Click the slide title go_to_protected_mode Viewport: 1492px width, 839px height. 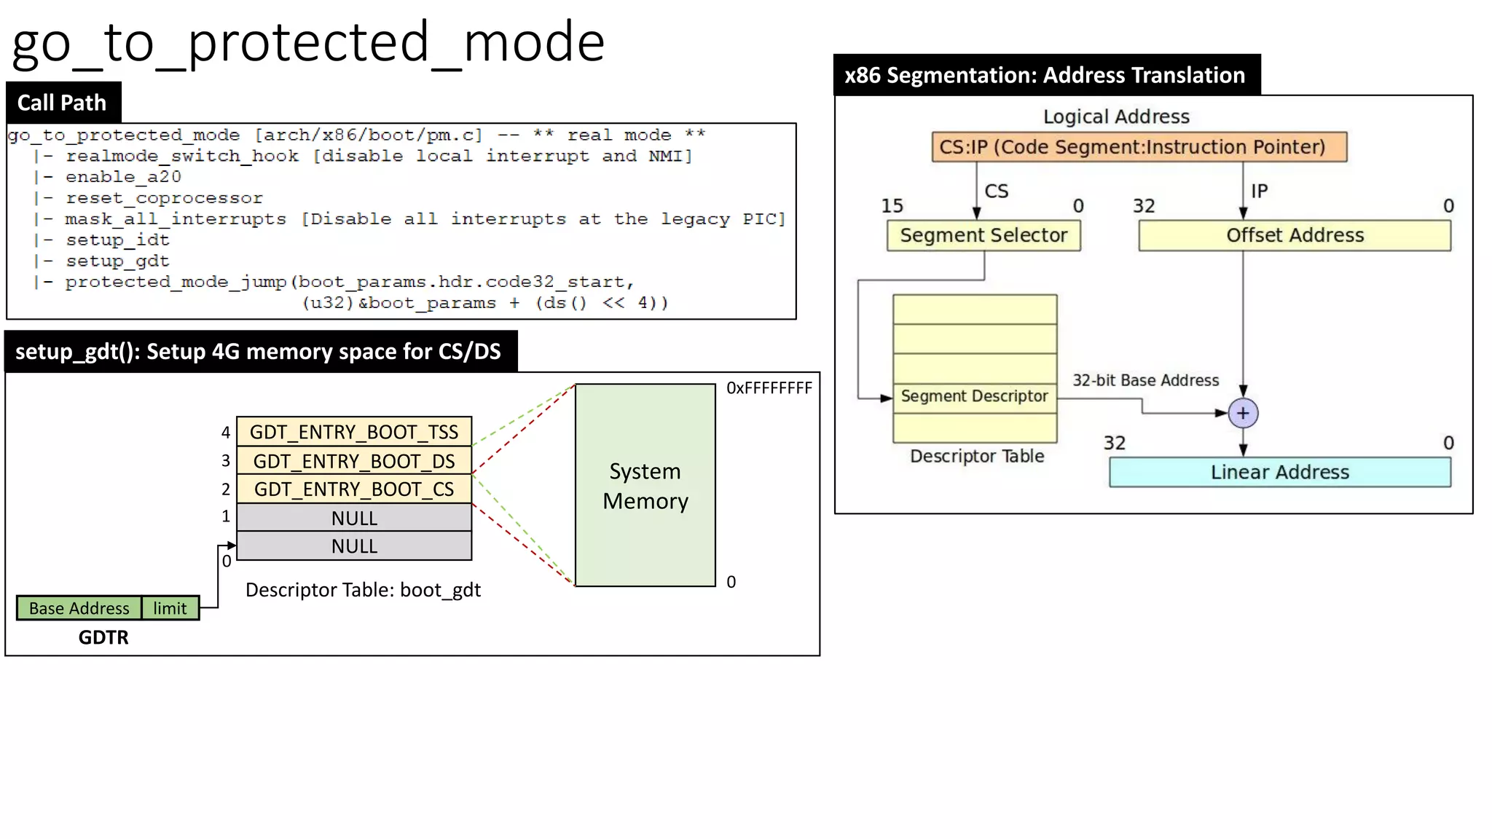coord(308,42)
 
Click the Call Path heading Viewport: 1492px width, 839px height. coord(62,103)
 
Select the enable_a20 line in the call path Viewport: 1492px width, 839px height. coord(122,177)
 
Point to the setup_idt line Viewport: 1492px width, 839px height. coord(117,240)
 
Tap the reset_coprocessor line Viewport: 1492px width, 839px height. coord(163,198)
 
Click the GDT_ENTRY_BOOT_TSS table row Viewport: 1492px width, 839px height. coord(354,432)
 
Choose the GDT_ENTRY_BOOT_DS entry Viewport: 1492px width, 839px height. coord(354,461)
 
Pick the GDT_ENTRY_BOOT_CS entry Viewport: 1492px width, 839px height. coord(354,489)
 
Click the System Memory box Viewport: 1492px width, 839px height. coord(645,486)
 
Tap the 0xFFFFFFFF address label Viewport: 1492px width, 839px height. coord(769,388)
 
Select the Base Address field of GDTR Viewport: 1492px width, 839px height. coord(79,608)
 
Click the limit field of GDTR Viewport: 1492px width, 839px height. coord(170,608)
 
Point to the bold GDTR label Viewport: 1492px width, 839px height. coord(103,637)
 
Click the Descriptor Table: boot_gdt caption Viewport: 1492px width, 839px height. coord(363,590)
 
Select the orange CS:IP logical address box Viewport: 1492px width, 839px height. coord(1139,147)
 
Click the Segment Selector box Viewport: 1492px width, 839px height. coord(983,235)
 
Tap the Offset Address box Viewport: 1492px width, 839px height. coord(1295,235)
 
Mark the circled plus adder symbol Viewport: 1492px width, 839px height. coord(1243,413)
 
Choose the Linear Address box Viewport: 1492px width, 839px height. coord(1279,472)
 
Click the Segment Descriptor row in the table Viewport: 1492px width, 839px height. coord(974,397)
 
